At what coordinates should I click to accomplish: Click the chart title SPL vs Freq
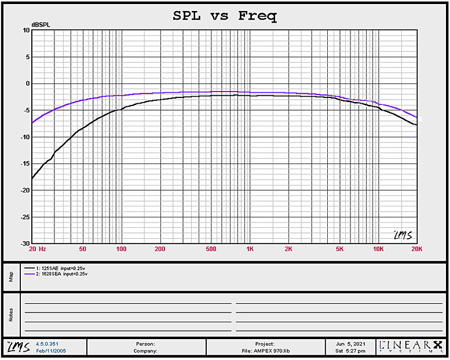[x=225, y=16]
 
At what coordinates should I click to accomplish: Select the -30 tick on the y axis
[x=25, y=243]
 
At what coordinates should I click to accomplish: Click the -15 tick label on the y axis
[x=25, y=164]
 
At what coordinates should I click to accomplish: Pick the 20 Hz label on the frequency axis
[x=36, y=249]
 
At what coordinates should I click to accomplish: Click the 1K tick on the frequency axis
[x=250, y=249]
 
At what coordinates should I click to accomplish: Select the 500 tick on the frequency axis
[x=211, y=249]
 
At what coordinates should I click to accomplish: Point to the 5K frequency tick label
[x=339, y=249]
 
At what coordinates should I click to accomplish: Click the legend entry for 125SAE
[x=57, y=268]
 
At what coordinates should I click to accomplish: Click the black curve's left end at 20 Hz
[x=32, y=178]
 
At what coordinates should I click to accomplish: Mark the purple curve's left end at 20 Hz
[x=32, y=122]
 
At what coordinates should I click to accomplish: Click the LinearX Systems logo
[x=411, y=346]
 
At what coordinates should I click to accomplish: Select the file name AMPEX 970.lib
[x=264, y=351]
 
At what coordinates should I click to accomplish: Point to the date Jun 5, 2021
[x=351, y=344]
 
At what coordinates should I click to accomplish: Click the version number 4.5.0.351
[x=47, y=344]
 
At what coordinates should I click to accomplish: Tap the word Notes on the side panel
[x=10, y=314]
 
